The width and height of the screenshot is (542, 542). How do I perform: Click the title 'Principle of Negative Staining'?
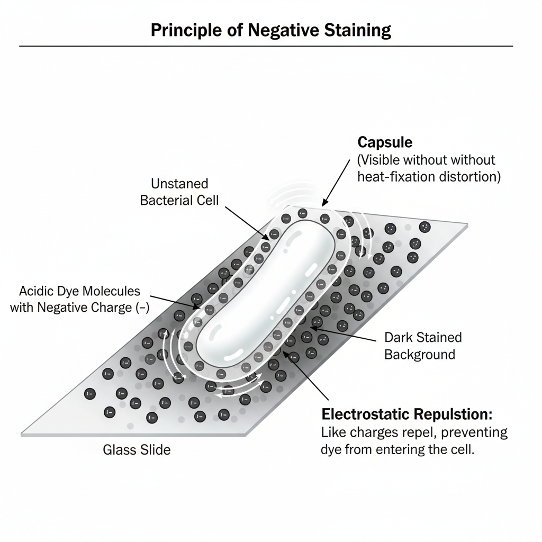pos(270,30)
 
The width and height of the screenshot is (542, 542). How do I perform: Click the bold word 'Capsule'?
pos(385,142)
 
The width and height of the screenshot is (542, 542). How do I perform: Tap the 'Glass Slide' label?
pos(137,450)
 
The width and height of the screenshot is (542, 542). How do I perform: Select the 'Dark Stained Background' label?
pos(422,346)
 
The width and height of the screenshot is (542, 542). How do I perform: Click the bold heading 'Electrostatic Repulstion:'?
pos(407,414)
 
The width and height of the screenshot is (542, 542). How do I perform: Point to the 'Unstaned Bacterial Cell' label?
pos(179,192)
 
